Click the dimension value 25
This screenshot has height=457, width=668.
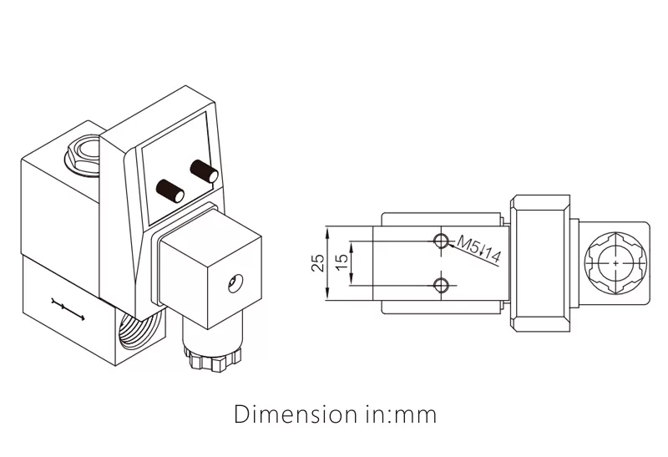click(x=317, y=263)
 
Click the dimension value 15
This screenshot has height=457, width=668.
click(x=341, y=263)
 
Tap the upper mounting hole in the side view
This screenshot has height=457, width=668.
click(x=442, y=242)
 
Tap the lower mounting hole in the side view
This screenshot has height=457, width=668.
click(x=442, y=285)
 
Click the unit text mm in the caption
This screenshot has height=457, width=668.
click(x=417, y=414)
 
